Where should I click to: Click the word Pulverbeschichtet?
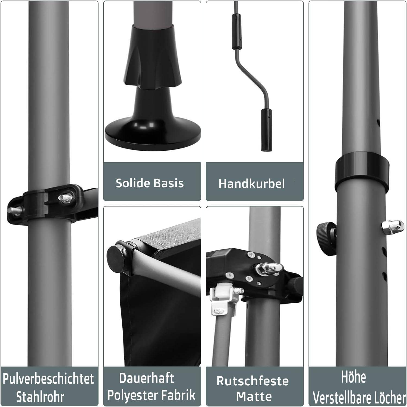(49, 379)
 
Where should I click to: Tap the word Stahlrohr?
(40, 397)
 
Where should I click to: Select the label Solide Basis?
(150, 183)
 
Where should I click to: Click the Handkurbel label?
(252, 184)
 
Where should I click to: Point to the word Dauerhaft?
(147, 378)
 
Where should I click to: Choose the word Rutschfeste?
(253, 381)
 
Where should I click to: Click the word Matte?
(254, 396)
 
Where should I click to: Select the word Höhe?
(354, 377)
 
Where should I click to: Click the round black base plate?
(153, 133)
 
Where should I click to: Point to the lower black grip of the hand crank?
(266, 129)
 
